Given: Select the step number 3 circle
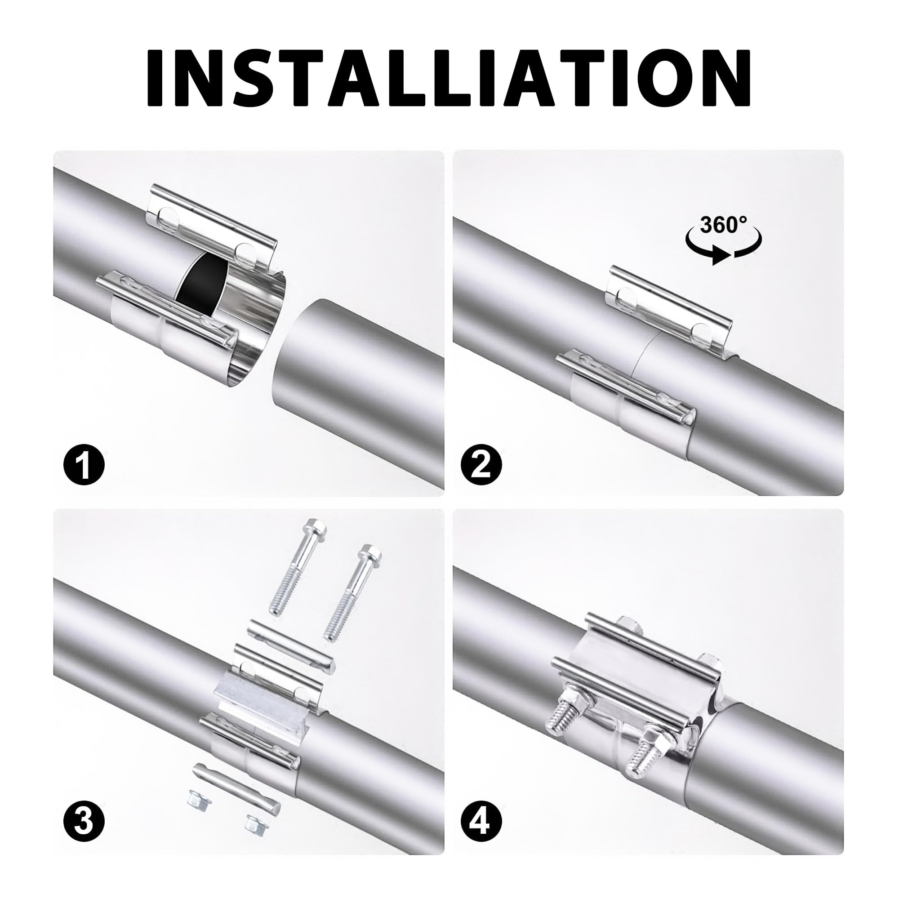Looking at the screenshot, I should point(84,822).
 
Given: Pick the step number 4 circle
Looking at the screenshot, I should point(481,822).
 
